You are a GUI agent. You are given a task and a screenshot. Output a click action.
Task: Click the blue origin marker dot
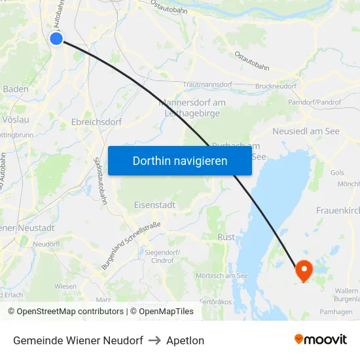point(56,39)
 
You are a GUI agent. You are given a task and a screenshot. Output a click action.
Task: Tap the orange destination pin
point(304,270)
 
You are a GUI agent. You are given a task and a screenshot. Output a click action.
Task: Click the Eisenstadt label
point(154,205)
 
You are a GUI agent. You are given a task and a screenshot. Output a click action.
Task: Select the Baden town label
point(15,89)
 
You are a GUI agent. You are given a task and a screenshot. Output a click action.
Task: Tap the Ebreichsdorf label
point(96,122)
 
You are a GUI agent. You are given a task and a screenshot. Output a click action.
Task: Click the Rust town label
point(226,237)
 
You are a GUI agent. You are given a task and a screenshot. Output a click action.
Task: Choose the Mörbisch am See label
point(221,276)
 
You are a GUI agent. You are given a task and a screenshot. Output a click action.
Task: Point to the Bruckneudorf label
point(276,86)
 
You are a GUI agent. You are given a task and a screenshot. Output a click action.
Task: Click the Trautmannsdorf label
point(207,85)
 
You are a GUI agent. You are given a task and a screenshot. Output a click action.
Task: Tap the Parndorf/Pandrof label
point(314,103)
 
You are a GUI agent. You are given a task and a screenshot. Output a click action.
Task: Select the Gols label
point(337,173)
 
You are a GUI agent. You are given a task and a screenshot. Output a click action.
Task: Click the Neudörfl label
point(46,243)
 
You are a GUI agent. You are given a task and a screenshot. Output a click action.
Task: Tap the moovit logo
point(320,340)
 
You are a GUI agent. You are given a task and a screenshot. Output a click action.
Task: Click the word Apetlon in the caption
point(185,340)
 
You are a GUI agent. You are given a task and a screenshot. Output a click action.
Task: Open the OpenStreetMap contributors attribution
point(65,312)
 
